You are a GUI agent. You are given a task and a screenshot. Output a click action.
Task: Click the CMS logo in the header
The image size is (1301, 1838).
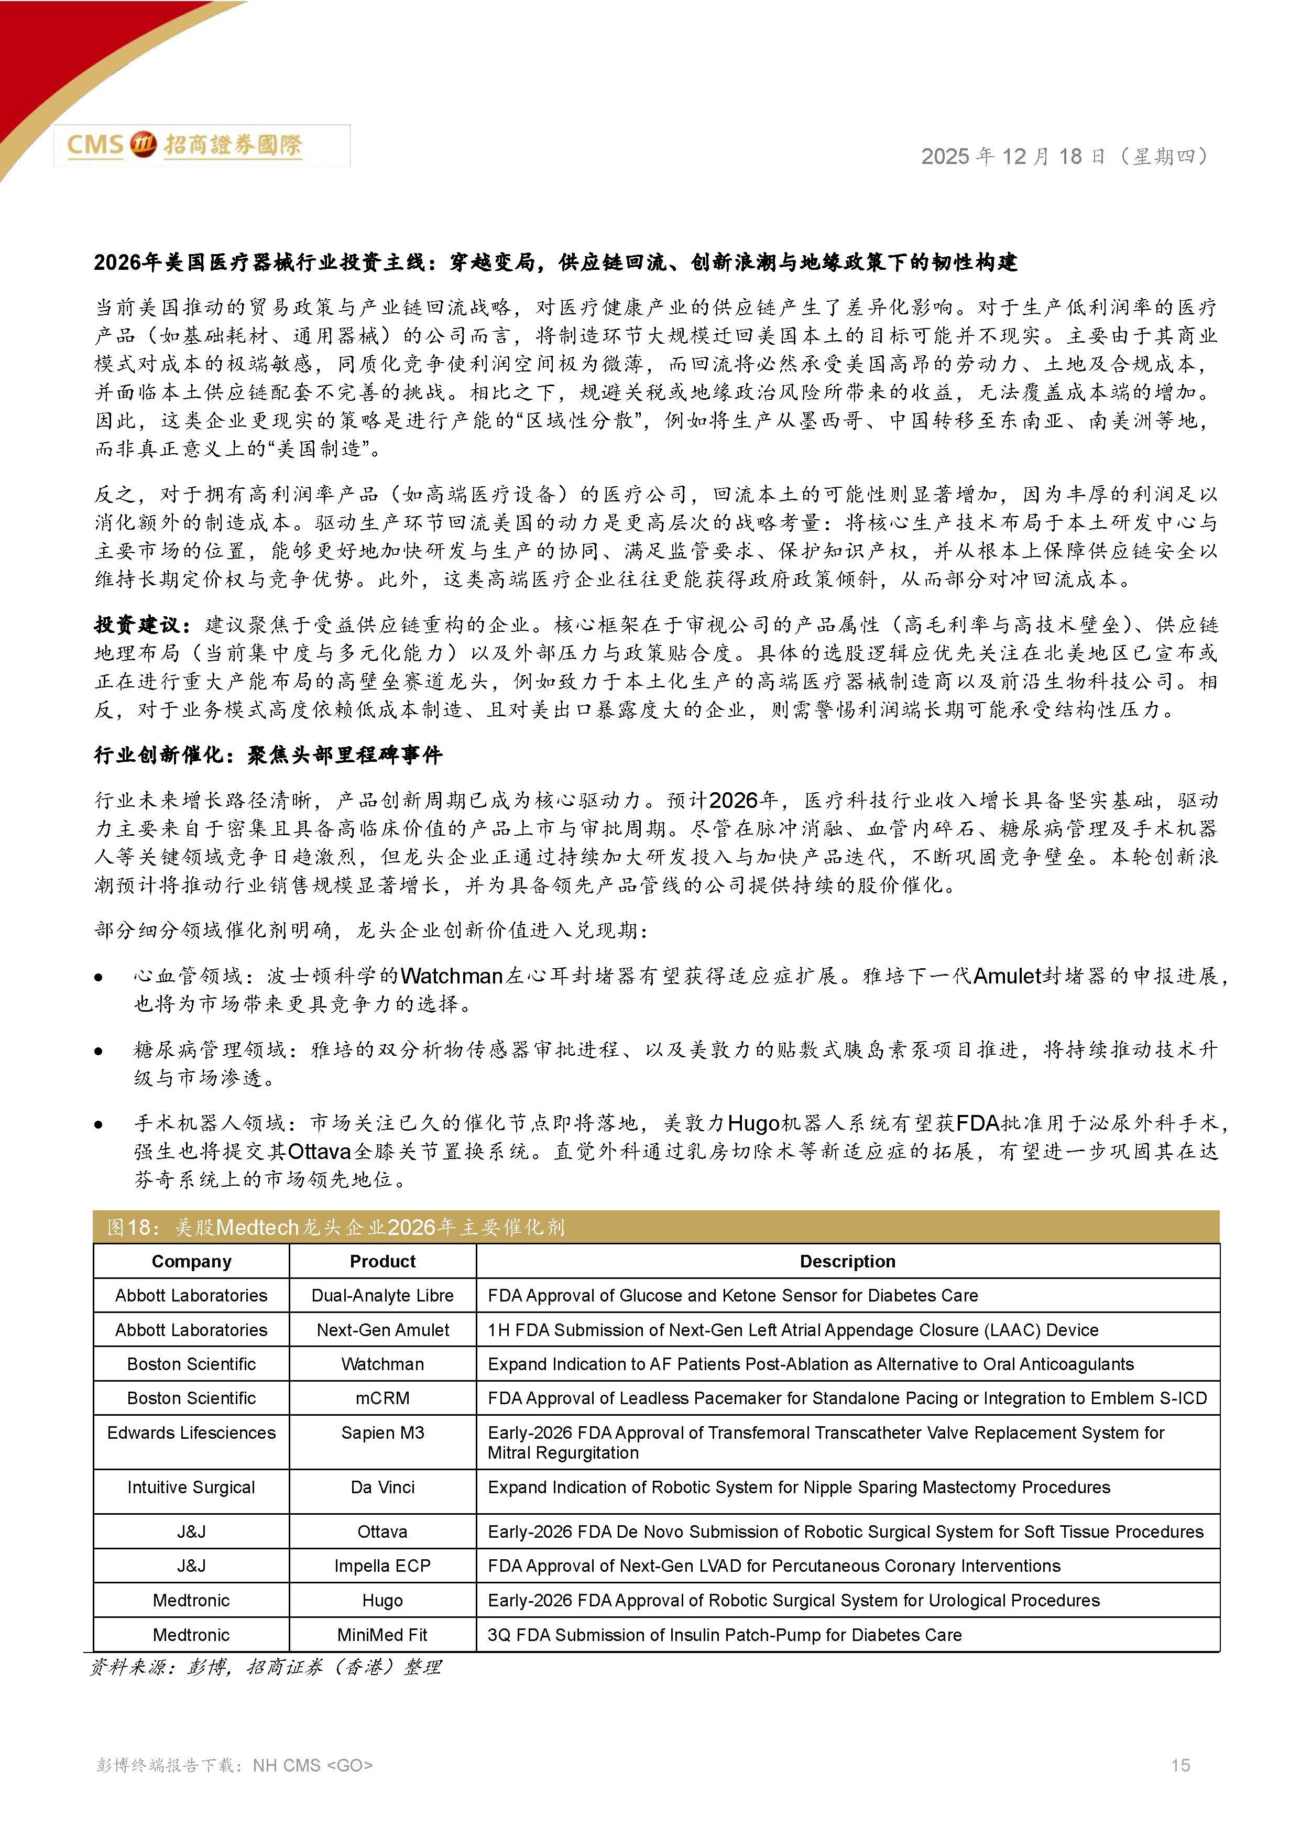pyautogui.click(x=184, y=145)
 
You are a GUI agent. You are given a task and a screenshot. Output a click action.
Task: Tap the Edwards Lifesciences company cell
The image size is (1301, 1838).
pyautogui.click(x=191, y=1433)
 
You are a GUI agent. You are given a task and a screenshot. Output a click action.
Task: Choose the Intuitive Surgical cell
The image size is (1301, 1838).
pyautogui.click(x=191, y=1487)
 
